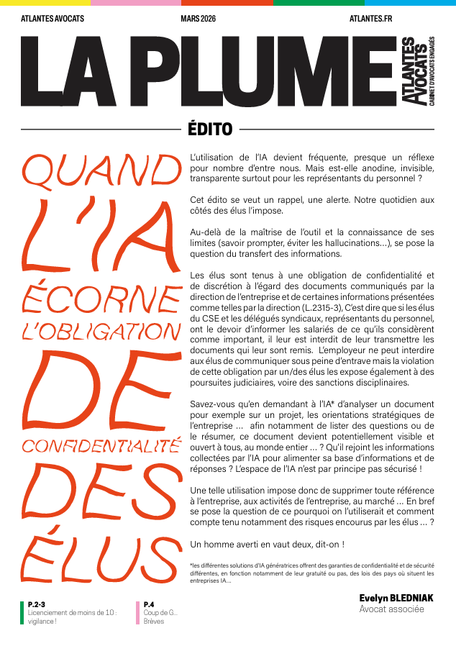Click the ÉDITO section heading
(x=209, y=130)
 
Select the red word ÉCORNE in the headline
(x=101, y=296)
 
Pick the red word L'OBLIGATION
(x=101, y=332)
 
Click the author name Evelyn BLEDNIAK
(x=396, y=598)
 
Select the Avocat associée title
(x=392, y=609)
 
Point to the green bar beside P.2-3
(x=22, y=612)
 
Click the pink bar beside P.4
(x=138, y=612)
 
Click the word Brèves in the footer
(x=154, y=621)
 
